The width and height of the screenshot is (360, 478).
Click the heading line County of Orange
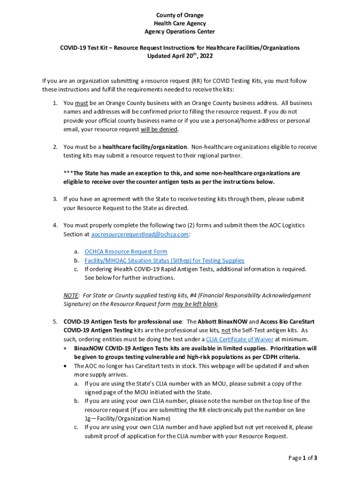coord(180,15)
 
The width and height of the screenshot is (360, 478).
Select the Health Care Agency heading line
coord(180,23)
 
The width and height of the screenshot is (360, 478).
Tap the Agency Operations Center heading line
coord(180,32)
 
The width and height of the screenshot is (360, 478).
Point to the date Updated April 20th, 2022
coord(180,56)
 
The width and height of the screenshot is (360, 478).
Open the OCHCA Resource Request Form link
coord(126,252)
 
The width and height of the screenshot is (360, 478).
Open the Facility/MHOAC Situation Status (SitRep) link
coord(164,260)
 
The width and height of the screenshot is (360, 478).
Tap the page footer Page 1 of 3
coord(303,458)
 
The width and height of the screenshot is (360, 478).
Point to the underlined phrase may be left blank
coord(194,304)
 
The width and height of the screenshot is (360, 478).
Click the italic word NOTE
coord(71,295)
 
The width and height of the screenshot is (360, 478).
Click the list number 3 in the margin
coord(55,199)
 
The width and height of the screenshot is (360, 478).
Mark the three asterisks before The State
coord(68,173)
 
